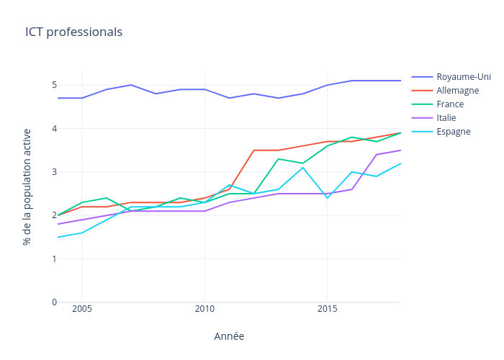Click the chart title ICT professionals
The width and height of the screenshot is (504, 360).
tap(73, 32)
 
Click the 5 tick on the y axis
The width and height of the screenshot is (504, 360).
tap(53, 85)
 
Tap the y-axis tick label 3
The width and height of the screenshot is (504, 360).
tap(53, 172)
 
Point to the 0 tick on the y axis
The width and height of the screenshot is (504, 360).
tap(53, 302)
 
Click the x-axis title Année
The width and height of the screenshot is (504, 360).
tap(229, 336)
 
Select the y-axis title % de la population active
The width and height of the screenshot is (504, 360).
tap(27, 187)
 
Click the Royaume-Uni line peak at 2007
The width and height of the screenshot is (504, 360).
tap(131, 85)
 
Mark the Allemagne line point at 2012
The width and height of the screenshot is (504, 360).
tap(254, 150)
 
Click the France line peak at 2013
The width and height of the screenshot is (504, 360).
tap(279, 159)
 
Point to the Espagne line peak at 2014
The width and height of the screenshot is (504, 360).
tap(303, 168)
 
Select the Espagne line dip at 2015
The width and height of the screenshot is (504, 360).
tap(328, 198)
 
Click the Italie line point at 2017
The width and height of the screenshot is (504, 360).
tap(377, 155)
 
